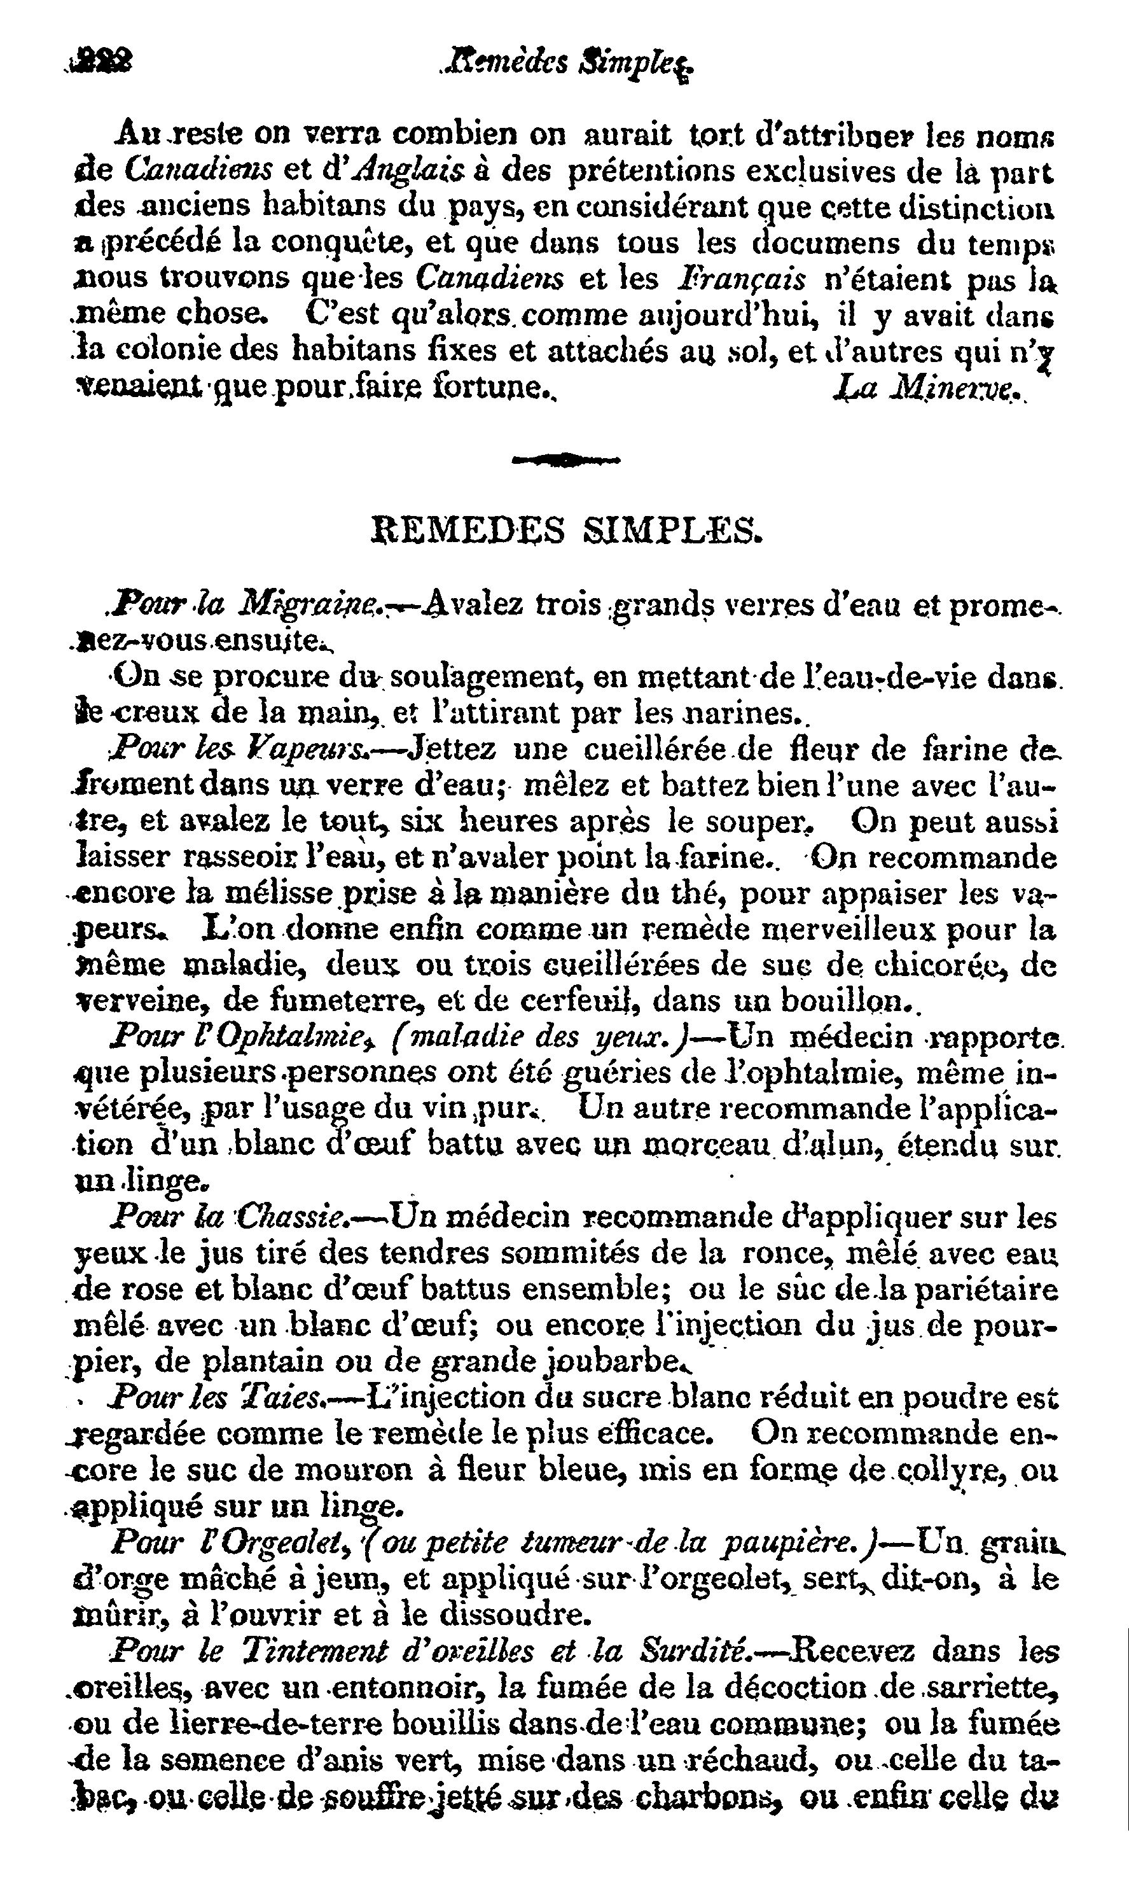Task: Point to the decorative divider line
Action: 567,458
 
